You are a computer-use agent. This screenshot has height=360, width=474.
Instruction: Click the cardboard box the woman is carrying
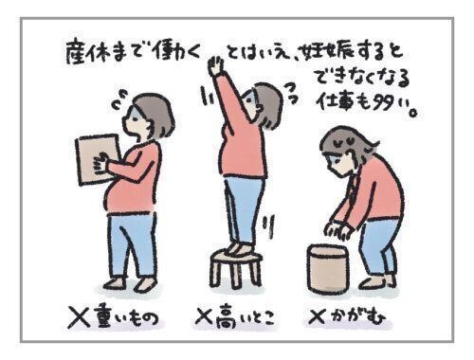pos(98,159)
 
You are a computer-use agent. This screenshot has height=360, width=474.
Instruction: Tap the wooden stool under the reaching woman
pos(236,267)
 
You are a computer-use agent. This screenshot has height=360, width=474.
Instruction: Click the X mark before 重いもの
pos(79,316)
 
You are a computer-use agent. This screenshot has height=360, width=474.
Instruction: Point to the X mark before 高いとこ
pos(207,315)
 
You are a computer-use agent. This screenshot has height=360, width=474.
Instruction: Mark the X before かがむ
pos(317,316)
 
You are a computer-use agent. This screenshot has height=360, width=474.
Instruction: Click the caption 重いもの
pos(125,316)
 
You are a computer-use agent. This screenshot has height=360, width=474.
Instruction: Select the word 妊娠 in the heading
pos(321,53)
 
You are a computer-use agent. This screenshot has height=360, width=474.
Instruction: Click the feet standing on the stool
pos(240,249)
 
